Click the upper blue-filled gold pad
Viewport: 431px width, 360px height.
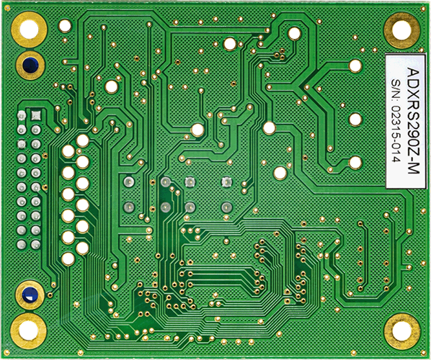click(x=30, y=64)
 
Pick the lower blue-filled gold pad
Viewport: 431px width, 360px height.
click(x=30, y=294)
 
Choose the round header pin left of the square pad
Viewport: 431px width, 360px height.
click(x=21, y=115)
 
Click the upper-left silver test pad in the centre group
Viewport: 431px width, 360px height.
click(x=128, y=182)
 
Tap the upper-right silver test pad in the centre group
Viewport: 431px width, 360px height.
click(x=226, y=182)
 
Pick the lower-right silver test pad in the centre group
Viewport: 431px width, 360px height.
click(x=226, y=207)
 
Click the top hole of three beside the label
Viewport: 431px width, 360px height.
click(x=355, y=66)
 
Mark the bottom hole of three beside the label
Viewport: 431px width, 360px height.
click(x=355, y=163)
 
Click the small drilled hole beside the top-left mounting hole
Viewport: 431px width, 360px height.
click(x=65, y=26)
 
